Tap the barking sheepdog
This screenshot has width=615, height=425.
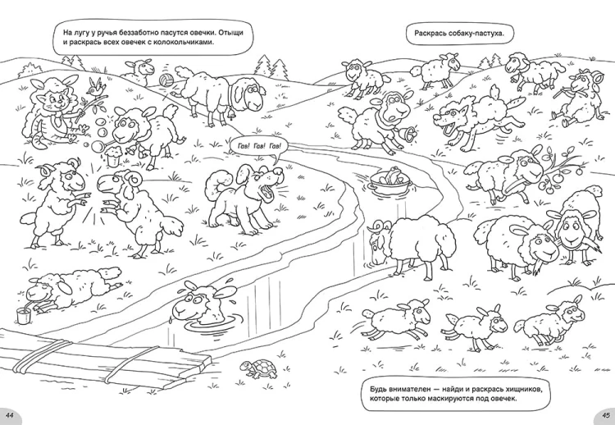pyautogui.click(x=244, y=199)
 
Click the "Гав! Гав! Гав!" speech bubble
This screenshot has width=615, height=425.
pyautogui.click(x=259, y=148)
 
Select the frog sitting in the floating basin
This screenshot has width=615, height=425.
pyautogui.click(x=391, y=175)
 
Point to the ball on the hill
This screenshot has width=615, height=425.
pyautogui.click(x=166, y=80)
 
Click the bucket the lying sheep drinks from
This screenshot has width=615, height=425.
pyautogui.click(x=23, y=315)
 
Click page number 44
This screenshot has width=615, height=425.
pyautogui.click(x=10, y=416)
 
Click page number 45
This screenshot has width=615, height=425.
pyautogui.click(x=605, y=416)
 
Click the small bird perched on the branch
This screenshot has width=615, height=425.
pyautogui.click(x=95, y=87)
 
